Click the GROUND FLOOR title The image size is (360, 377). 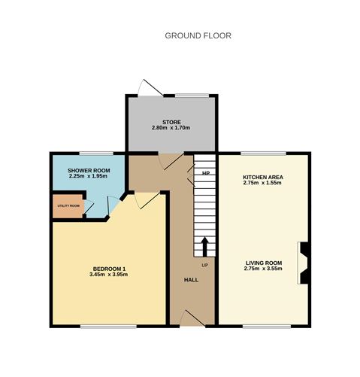point(198,35)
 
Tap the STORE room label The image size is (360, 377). point(171,121)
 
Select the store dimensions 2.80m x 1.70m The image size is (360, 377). point(171,128)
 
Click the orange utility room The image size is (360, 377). point(68,205)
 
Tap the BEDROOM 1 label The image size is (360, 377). point(109,269)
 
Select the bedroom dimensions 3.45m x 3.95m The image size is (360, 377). point(109,275)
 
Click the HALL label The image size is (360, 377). point(191,280)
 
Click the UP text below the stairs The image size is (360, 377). point(204,265)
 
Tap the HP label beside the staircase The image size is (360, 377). point(205,173)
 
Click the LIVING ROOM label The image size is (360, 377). point(263,263)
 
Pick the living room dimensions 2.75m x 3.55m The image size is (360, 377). point(263,269)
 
